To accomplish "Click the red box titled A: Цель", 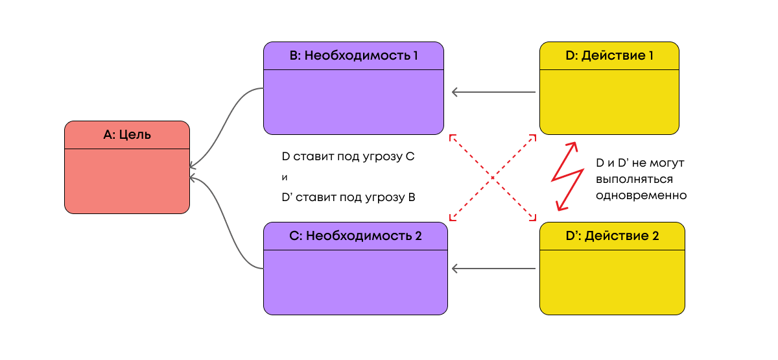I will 127,167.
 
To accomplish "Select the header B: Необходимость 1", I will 353,56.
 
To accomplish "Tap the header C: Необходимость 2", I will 355,236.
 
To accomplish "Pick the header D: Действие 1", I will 609,56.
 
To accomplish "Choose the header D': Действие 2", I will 612,236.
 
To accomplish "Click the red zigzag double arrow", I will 564,176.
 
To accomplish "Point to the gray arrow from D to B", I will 493,92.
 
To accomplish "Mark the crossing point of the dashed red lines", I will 493,177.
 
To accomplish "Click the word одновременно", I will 641,195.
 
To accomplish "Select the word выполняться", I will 634,179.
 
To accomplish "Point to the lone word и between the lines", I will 285,177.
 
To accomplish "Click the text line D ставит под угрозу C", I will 348,157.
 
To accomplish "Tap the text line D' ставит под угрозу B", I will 348,197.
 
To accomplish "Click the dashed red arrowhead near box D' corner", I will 534,217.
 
